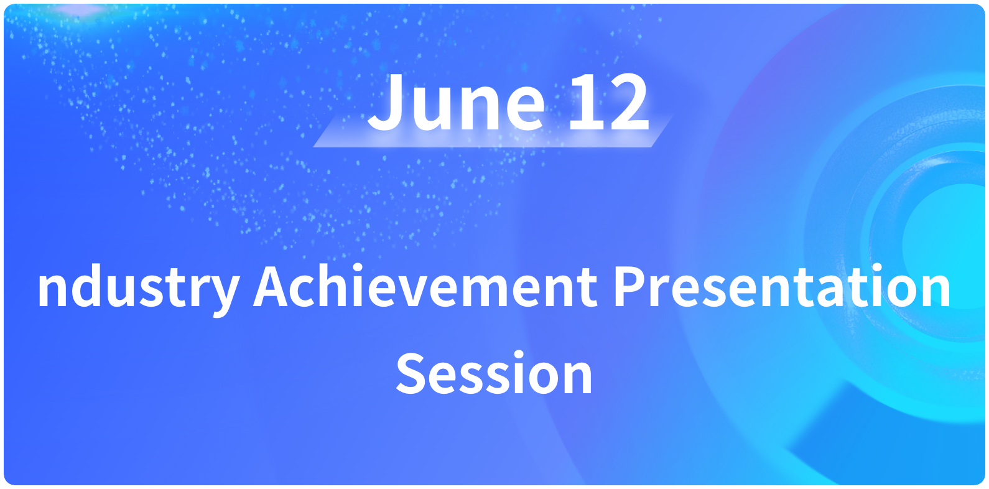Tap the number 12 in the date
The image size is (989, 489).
click(608, 102)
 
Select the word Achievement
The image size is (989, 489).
click(425, 285)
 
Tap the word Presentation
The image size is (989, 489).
click(782, 285)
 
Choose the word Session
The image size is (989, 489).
click(494, 373)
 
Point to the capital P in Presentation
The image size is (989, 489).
click(630, 286)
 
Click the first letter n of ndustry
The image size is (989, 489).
click(52, 291)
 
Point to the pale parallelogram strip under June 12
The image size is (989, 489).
click(493, 131)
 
